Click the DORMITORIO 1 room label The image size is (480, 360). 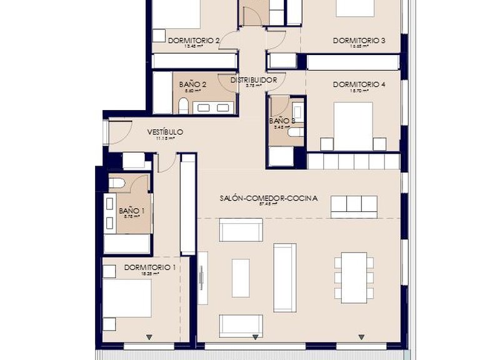149,267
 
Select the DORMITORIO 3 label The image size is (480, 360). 358,41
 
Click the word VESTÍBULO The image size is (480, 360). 165,132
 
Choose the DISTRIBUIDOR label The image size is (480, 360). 253,80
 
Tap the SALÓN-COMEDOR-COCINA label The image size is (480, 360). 268,198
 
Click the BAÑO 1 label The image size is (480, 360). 132,211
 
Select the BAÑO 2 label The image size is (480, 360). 192,84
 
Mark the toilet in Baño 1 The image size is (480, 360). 117,183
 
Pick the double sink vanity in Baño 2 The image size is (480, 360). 213,107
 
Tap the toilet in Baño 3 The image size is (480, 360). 296,132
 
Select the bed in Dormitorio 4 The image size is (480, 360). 352,125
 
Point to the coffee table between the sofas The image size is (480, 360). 241,277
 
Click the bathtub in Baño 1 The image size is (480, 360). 127,243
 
